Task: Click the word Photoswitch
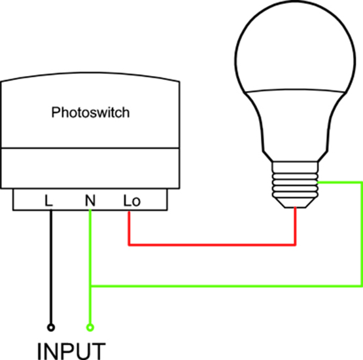point(90,113)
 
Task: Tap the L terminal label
point(48,200)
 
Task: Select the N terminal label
point(90,200)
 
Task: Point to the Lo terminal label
point(131,200)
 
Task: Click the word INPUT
point(71,351)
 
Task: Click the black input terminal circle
point(51,327)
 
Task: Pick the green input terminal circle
point(90,327)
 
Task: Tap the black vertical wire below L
point(51,266)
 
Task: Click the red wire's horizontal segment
point(212,245)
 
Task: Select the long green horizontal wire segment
point(226,286)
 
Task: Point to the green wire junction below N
point(90,286)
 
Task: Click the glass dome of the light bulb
point(295,46)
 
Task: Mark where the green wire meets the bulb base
point(318,183)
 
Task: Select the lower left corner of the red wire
point(130,245)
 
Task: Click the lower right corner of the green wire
point(361,286)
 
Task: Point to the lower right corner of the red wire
point(295,245)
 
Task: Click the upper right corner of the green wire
point(361,183)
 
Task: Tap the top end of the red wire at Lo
point(130,211)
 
